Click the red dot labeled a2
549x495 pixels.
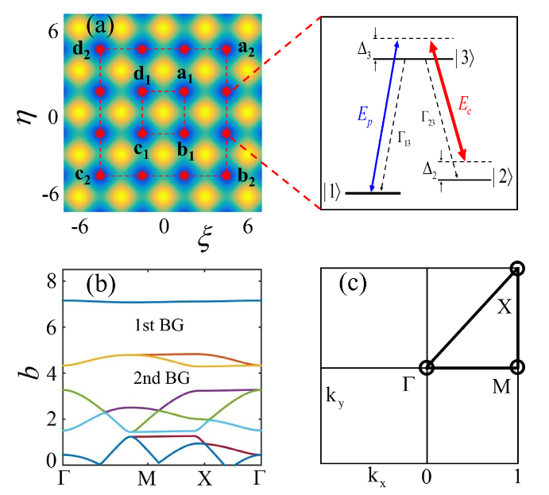click(x=226, y=49)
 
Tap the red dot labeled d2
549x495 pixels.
click(x=100, y=49)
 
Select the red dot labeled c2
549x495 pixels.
click(x=100, y=175)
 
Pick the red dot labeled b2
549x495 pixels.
click(x=226, y=175)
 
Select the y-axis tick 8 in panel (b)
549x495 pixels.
click(x=50, y=280)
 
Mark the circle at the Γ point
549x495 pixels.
click(x=427, y=367)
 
